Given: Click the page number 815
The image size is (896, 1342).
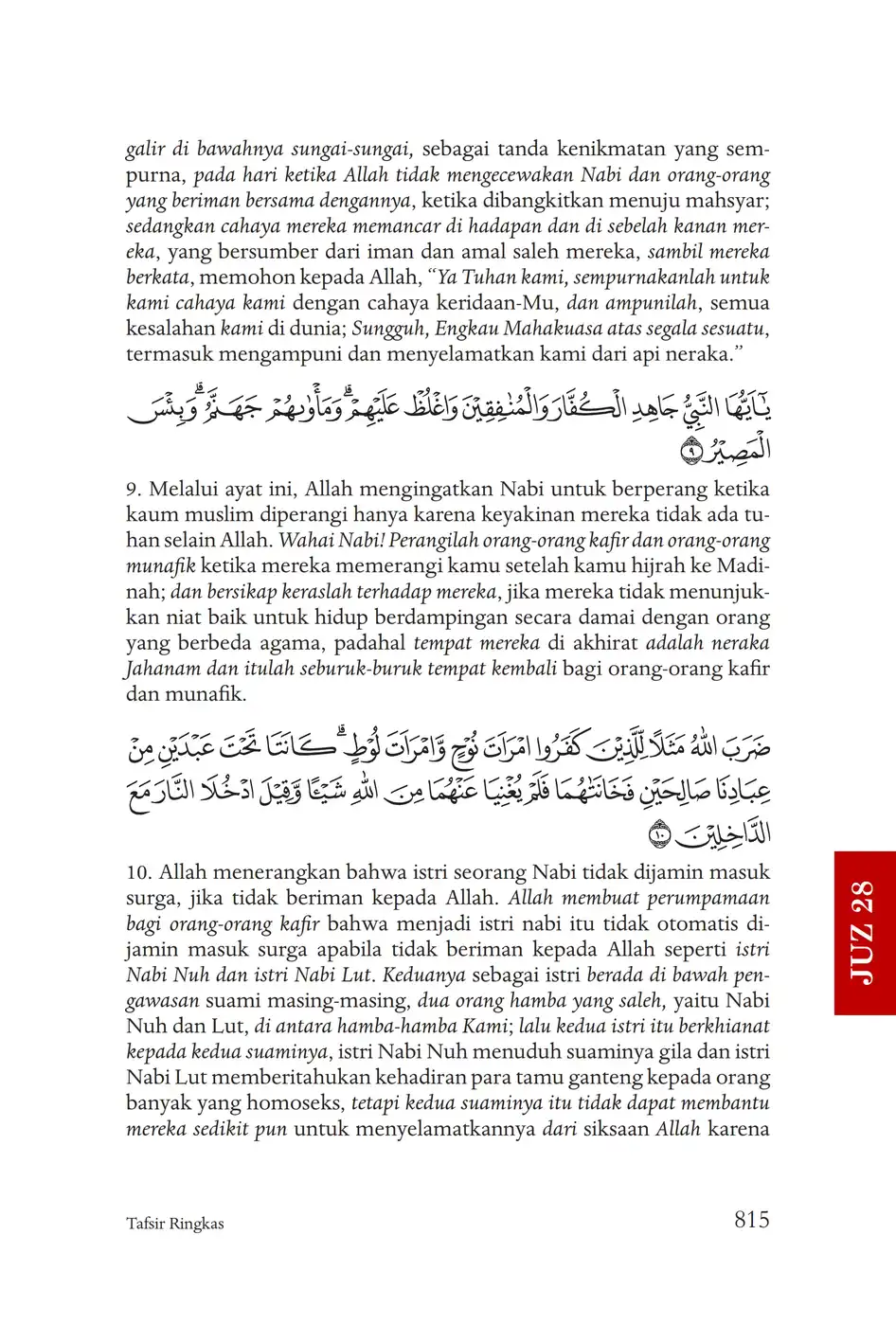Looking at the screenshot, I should [x=751, y=1220].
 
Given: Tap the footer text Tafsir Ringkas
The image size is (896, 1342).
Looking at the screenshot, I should [x=175, y=1224].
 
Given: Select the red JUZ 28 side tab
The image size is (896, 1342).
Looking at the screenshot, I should [x=865, y=932].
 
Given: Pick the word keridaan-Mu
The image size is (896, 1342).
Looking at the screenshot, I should [x=498, y=303].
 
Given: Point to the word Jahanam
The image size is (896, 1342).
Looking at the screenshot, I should [x=163, y=669].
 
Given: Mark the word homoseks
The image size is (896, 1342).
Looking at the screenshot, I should [x=296, y=1102].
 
